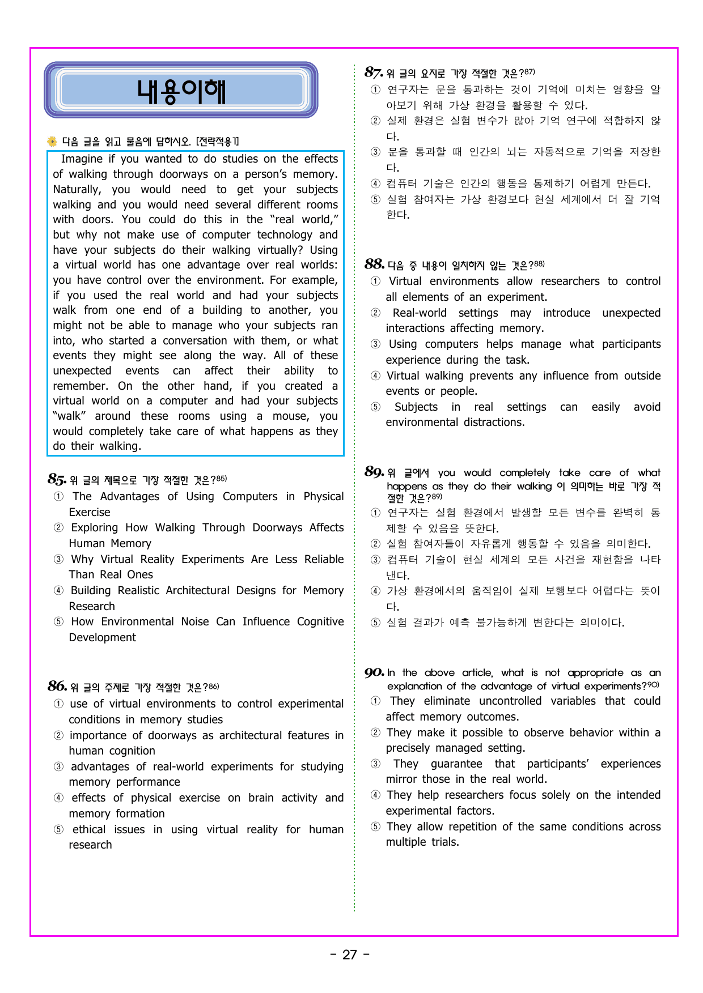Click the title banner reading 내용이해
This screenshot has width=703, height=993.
[181, 91]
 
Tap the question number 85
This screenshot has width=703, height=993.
[57, 479]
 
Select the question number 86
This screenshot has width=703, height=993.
[57, 687]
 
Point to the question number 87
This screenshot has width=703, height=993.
[374, 73]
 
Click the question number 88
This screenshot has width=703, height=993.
[374, 264]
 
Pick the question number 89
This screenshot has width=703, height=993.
[374, 472]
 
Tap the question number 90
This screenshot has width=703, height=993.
[374, 672]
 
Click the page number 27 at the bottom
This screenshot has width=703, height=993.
[350, 954]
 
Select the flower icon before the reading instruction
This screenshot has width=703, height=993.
[53, 141]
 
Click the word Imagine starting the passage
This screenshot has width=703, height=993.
[82, 159]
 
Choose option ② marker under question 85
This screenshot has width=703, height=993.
[58, 528]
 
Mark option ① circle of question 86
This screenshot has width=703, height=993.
[58, 704]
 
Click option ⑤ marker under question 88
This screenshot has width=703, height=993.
[375, 407]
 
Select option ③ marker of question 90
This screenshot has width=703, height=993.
[375, 764]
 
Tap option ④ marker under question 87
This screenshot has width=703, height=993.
[375, 184]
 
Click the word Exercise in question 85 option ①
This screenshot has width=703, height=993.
[90, 512]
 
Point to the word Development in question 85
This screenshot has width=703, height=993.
[102, 637]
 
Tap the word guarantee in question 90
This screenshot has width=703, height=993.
[456, 764]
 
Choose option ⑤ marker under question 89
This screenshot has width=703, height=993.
[375, 623]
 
